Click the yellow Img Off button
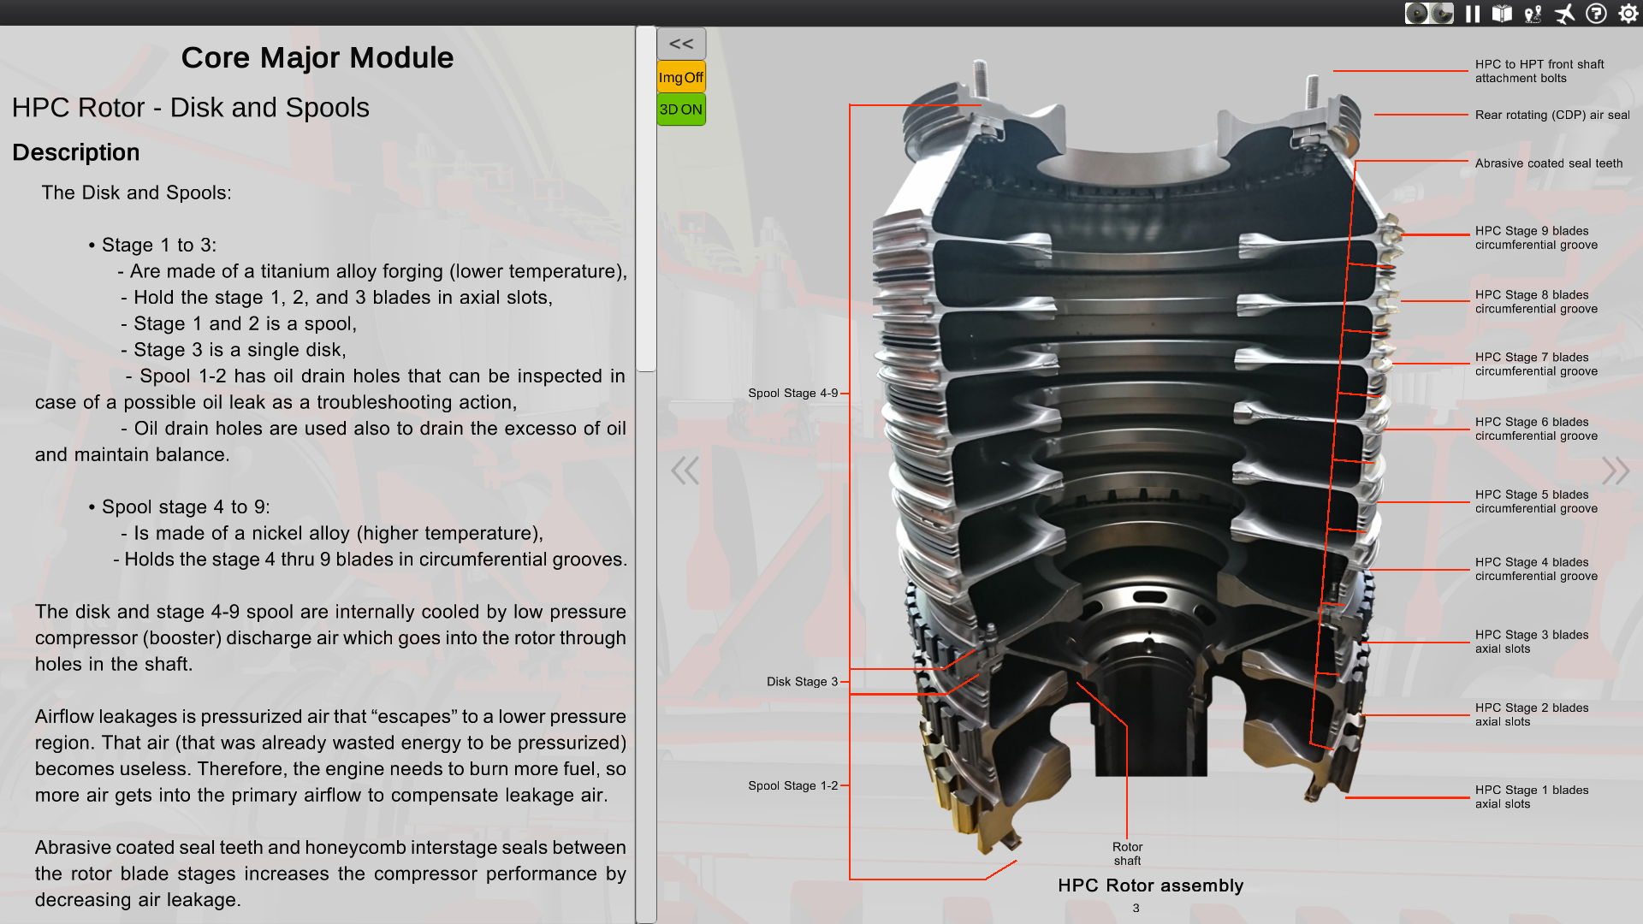[x=681, y=77]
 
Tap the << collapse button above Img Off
[x=681, y=44]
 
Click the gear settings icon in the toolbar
[x=1628, y=14]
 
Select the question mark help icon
[x=1596, y=14]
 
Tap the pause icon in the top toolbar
[x=1473, y=14]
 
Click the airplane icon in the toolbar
[x=1564, y=14]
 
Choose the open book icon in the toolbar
[x=1502, y=14]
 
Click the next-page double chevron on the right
[x=1615, y=470]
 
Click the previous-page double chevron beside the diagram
[x=685, y=470]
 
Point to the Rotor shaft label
[x=1127, y=854]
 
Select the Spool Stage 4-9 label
[x=792, y=394]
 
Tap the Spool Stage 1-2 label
[x=792, y=786]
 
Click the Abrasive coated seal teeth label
[x=1548, y=163]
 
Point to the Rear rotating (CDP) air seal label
[x=1551, y=115]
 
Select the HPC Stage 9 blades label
[x=1536, y=238]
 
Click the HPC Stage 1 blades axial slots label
[x=1531, y=797]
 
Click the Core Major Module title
[x=317, y=57]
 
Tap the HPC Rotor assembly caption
[x=1150, y=885]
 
